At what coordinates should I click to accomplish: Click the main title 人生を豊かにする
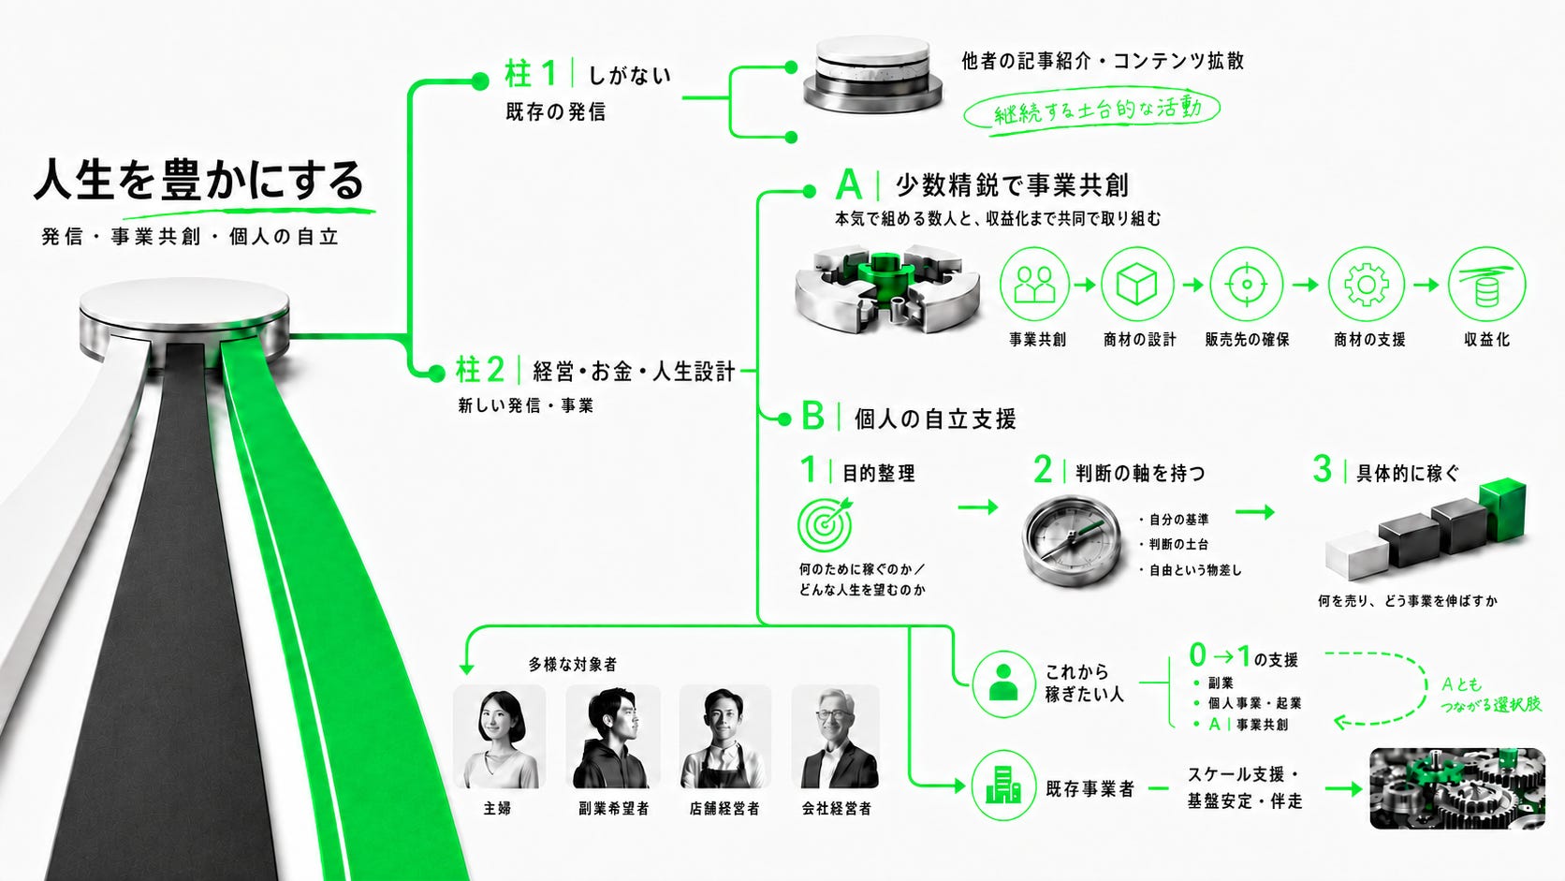click(x=199, y=181)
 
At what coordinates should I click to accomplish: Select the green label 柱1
click(x=531, y=74)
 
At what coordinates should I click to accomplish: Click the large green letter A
click(x=848, y=184)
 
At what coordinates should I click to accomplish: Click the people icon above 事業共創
click(x=1034, y=284)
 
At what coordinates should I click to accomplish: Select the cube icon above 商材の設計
click(x=1136, y=284)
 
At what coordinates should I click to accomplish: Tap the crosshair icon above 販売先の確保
click(x=1247, y=284)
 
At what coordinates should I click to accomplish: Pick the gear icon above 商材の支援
click(x=1366, y=284)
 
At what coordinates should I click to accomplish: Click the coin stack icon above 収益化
click(x=1487, y=284)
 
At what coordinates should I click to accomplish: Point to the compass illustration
click(x=1071, y=539)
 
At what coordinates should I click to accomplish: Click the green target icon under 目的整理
click(x=826, y=524)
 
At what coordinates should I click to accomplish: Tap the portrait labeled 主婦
click(x=499, y=737)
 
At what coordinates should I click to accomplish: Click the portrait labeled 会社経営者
click(x=836, y=737)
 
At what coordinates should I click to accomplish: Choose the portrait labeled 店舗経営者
click(x=725, y=737)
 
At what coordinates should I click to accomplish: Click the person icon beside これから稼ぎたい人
click(x=1003, y=684)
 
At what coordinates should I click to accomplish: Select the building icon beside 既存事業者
click(x=1003, y=786)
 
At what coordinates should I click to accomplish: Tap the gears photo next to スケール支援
click(x=1457, y=788)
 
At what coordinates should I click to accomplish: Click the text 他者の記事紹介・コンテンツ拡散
click(x=1103, y=61)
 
